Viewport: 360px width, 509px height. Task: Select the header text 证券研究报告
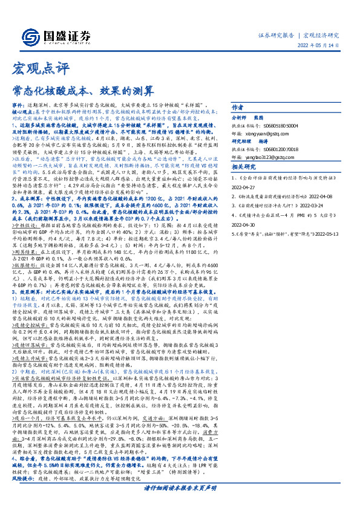point(277,36)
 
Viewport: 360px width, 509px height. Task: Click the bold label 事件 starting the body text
point(18,105)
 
